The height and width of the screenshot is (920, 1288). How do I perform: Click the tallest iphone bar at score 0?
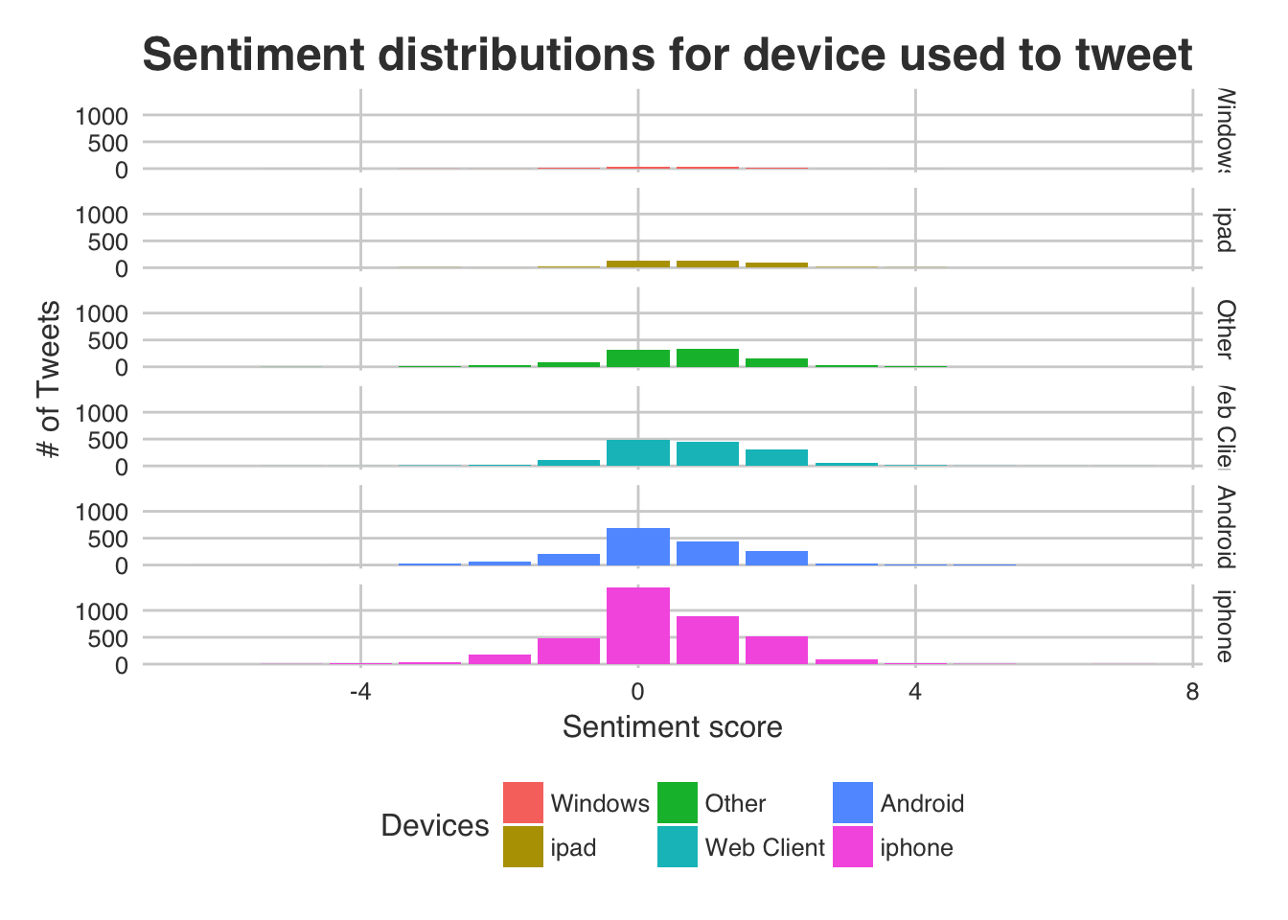[637, 625]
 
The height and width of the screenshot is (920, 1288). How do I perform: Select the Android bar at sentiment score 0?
[637, 546]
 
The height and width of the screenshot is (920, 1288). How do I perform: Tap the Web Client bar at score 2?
[776, 457]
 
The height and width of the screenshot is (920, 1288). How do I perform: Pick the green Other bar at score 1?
[707, 357]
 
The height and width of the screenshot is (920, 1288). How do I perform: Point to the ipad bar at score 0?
[637, 264]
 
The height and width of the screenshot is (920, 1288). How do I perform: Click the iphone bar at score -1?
[568, 650]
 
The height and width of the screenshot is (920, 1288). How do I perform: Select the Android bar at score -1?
[568, 559]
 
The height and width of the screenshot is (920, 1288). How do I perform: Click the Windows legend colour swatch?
[522, 802]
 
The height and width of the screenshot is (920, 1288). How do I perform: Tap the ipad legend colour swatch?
[522, 846]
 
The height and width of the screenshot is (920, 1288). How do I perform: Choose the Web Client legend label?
[764, 847]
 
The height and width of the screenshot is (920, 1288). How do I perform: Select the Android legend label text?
[921, 803]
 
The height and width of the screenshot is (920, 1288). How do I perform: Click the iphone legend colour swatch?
[852, 846]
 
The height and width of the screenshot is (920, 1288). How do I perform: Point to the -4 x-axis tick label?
[359, 692]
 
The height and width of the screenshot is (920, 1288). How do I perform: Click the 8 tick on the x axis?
[1192, 692]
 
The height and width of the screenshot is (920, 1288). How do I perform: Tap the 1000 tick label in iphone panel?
[101, 610]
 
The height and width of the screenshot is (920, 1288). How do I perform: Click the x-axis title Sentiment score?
[672, 727]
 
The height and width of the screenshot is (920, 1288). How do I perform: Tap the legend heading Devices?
[434, 825]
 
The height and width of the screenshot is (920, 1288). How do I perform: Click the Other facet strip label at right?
[1225, 328]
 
